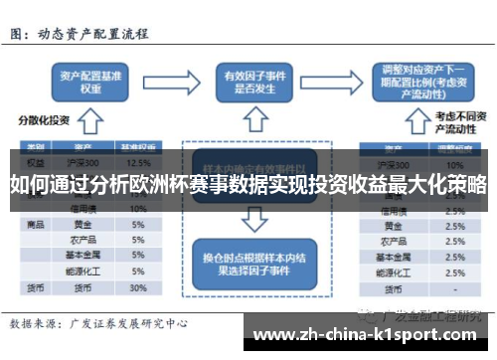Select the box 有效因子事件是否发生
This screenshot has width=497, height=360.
click(251, 80)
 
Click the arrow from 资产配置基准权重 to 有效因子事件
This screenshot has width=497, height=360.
click(169, 80)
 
